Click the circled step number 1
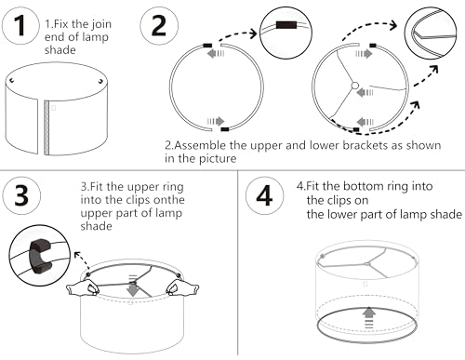coord(20,26)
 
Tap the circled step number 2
coord(159,26)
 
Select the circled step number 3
coord(21,195)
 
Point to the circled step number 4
coord(264,195)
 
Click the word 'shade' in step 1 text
coord(60,50)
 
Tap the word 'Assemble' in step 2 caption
coord(200,145)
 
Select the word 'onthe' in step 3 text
coord(169,200)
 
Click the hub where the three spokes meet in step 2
coord(355,86)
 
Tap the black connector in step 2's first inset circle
coord(286,25)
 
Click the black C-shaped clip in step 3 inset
coord(40,256)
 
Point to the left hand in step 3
coord(83,287)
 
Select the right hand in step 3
coord(182,287)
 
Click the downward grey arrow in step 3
coord(133,286)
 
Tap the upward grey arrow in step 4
coord(368,317)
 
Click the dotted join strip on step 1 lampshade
coord(46,127)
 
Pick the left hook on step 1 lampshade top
coord(12,81)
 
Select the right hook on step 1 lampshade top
coord(100,81)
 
